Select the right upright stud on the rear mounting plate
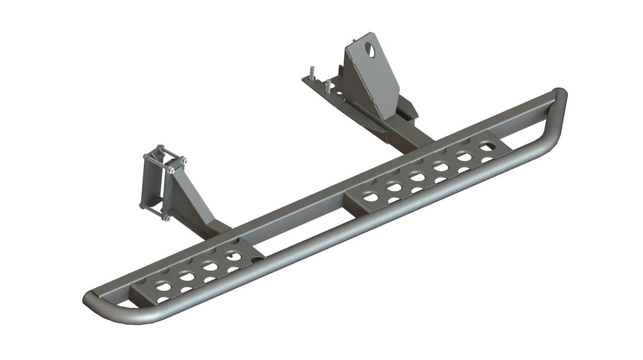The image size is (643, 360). (329, 85)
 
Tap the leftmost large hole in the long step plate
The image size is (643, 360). (371, 197)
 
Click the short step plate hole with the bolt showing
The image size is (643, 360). (233, 255)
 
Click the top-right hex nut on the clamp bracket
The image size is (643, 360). (183, 161)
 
